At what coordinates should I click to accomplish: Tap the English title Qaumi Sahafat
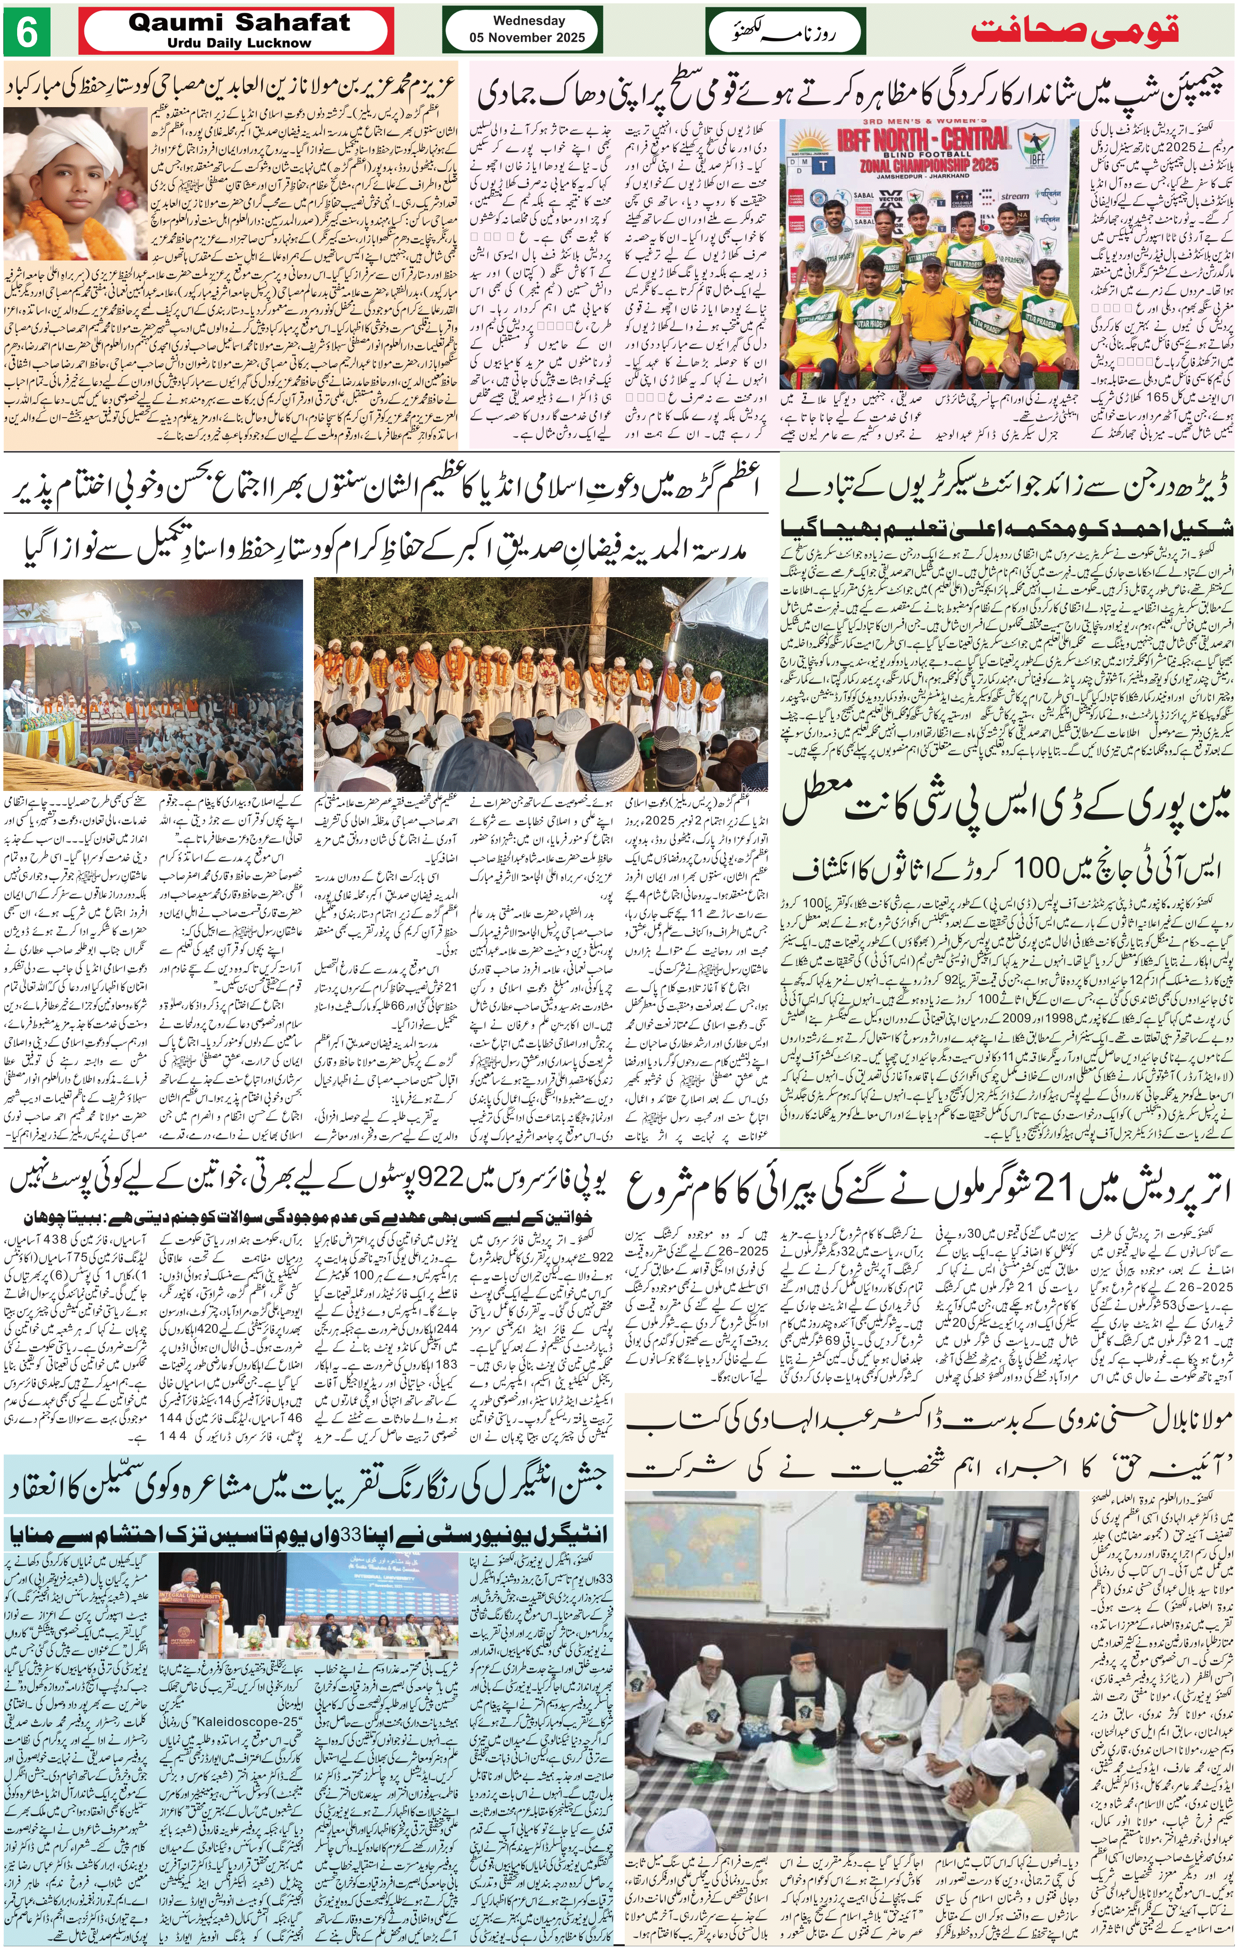[239, 23]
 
